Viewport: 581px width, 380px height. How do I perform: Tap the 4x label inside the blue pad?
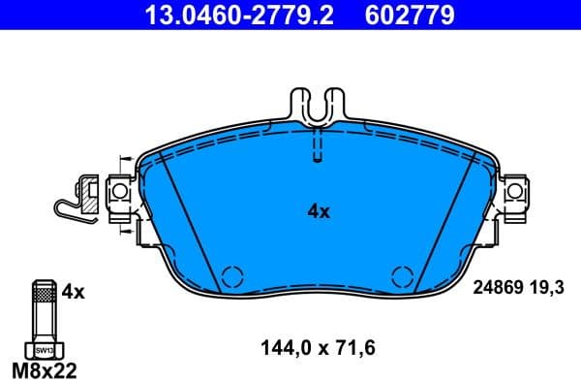click(x=319, y=210)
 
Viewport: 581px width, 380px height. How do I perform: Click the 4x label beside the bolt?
click(x=73, y=291)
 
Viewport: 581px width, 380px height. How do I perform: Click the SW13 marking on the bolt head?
click(x=44, y=348)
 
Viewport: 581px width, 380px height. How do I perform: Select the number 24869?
click(x=496, y=288)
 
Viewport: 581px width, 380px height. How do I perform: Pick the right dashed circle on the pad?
click(x=401, y=275)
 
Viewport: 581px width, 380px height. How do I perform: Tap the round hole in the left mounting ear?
click(x=120, y=194)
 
